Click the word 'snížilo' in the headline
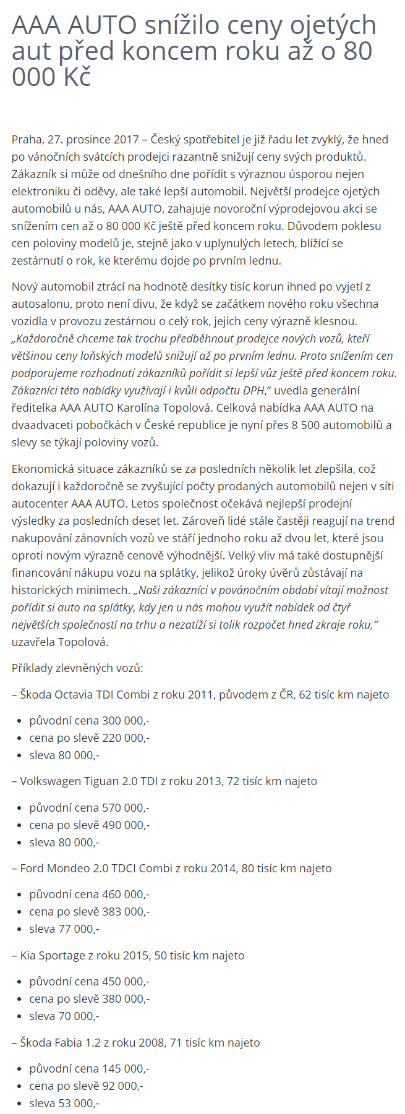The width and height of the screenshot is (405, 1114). coord(182,25)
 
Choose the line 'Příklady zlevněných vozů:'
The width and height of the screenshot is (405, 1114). coord(77,668)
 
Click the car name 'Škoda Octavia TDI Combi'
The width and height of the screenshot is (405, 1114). coord(80,694)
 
